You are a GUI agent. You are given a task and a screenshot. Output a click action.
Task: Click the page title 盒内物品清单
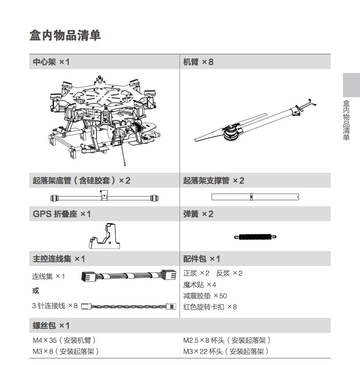65,35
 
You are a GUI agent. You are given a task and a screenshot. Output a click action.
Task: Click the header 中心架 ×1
51,62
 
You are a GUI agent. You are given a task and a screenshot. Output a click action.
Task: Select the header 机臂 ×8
198,62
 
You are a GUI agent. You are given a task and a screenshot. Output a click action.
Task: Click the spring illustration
255,236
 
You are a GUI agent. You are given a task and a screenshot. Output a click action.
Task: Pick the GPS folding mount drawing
105,237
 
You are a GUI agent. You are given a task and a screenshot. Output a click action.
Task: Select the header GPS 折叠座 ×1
62,214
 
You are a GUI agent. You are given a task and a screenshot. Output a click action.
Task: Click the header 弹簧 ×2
198,214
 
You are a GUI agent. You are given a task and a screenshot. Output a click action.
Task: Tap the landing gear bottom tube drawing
104,197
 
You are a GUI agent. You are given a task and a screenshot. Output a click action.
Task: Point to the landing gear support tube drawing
255,197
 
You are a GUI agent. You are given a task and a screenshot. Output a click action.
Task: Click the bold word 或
36,291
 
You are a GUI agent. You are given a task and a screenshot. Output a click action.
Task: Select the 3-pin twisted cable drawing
129,307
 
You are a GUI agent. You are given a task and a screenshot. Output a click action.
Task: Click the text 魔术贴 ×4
200,285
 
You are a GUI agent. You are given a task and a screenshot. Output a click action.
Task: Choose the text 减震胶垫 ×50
205,296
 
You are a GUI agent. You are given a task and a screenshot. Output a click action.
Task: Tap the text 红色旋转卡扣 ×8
210,307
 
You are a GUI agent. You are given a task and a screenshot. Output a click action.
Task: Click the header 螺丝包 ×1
51,326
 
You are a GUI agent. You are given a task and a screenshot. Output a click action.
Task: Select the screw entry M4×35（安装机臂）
64,340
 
